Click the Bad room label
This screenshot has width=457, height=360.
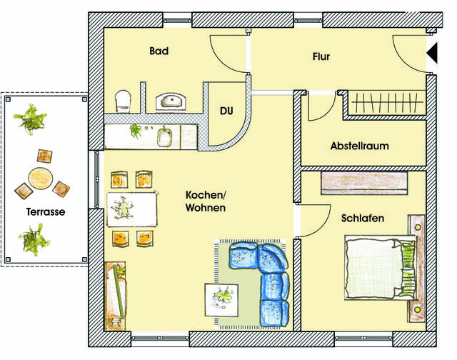point(158,51)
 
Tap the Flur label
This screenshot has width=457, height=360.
point(321,56)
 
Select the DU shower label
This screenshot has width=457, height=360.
point(226,112)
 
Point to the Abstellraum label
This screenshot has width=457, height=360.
point(359,146)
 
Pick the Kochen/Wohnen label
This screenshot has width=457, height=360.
point(206,201)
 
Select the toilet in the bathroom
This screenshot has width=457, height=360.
point(124,101)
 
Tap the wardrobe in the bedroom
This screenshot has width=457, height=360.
point(364,182)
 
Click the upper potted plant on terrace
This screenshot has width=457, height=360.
point(31,119)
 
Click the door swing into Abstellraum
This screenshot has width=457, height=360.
point(320,107)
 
